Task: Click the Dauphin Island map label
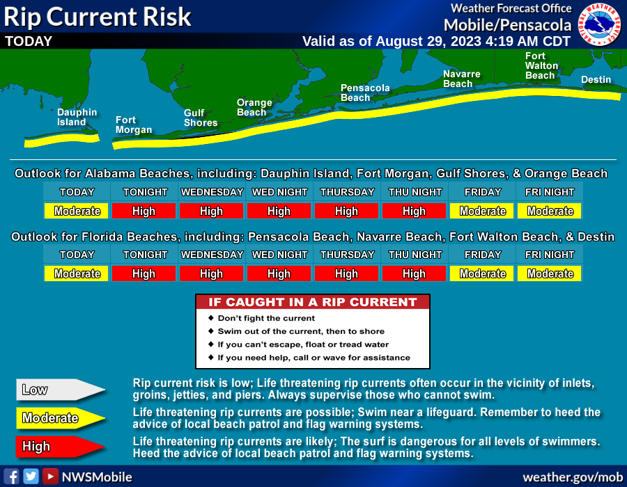(x=77, y=118)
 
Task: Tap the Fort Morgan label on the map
(x=134, y=125)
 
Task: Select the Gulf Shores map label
(x=201, y=118)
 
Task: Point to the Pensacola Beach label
(x=364, y=93)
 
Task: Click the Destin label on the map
(x=596, y=79)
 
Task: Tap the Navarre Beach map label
(x=461, y=79)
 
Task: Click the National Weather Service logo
(x=599, y=24)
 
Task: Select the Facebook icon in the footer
(x=12, y=477)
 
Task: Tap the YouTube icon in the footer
(x=50, y=477)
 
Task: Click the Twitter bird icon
(x=31, y=477)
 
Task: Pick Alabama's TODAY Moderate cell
(x=77, y=211)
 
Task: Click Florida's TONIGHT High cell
(x=144, y=273)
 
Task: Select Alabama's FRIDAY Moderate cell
(x=482, y=211)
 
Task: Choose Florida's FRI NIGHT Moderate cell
(x=550, y=273)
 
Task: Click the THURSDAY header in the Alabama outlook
(x=347, y=192)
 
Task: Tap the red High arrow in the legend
(x=60, y=446)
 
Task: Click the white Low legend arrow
(x=60, y=390)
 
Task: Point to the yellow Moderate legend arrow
(x=60, y=418)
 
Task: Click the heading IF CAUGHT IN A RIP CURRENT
(x=313, y=302)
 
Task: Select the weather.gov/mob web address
(x=573, y=477)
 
